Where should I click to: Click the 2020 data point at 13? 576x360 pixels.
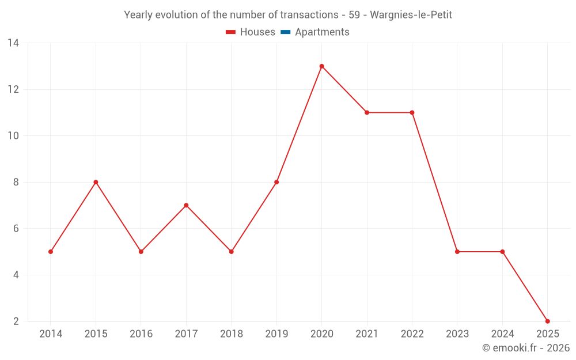pos(321,66)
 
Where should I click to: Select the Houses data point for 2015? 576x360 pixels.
pos(96,182)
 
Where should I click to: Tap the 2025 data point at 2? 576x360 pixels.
pos(547,321)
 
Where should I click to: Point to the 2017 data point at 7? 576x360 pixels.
pos(186,205)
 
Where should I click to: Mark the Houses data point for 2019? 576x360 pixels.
pos(276,182)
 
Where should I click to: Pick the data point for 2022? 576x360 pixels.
pos(412,112)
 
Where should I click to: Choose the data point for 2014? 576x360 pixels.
pos(51,252)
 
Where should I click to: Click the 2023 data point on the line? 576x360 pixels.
pos(457,252)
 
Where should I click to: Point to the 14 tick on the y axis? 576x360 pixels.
pos(13,43)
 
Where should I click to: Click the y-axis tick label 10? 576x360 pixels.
pos(13,136)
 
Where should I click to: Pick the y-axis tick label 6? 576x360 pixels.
pos(16,229)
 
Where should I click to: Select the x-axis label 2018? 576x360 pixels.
pos(231,334)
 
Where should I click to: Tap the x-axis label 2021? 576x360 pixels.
pos(367,334)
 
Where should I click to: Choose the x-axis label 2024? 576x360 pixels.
pos(502,334)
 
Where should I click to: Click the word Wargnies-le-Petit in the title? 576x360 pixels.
pos(411,15)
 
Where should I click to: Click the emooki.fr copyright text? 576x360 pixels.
pos(526,348)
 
